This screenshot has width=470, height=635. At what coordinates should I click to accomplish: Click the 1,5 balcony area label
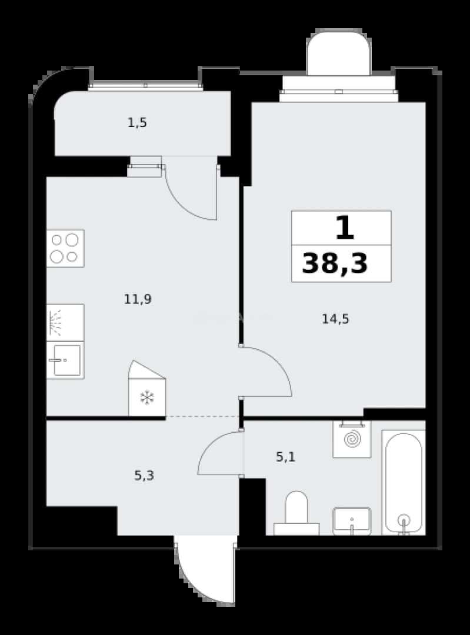pos(137,122)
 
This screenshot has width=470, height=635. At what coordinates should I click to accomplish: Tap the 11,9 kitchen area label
pos(138,299)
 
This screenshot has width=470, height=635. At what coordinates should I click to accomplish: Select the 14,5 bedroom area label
pos(335,319)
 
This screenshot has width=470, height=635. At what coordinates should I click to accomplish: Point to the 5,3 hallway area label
pos(144,475)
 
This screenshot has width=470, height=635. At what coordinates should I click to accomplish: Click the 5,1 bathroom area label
pos(286,457)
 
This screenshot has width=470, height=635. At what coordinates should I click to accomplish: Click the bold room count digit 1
pos(344,228)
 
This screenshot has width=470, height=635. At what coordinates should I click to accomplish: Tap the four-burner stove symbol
pos(65,248)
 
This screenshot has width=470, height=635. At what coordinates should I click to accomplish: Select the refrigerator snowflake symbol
pos(146,397)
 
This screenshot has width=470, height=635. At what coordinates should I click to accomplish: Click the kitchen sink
pos(65,360)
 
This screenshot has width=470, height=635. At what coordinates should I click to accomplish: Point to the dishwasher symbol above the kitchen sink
pos(65,323)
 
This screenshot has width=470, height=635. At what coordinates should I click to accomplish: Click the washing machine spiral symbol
pos(352,439)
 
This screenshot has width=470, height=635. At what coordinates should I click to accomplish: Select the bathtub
pos(404,483)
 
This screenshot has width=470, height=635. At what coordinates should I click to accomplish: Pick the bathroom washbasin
pos(352,521)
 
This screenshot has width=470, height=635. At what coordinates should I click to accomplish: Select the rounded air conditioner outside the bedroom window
pos(339,52)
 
